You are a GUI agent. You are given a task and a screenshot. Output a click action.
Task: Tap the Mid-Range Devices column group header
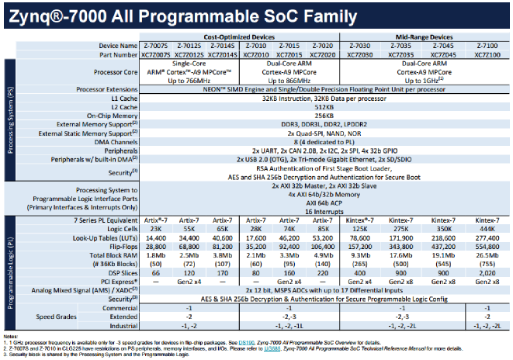[420, 37]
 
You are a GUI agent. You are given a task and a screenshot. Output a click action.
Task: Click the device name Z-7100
[486, 46]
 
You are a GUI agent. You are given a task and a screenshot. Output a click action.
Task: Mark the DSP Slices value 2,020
[486, 272]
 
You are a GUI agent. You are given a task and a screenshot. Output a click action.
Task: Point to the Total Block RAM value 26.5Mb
[486, 256]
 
